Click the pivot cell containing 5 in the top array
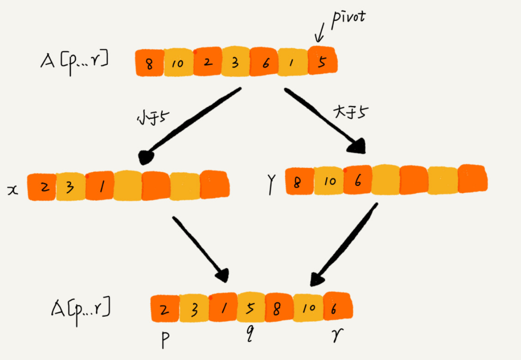pyautogui.click(x=323, y=61)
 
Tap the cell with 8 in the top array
pyautogui.click(x=150, y=63)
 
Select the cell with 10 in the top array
pyautogui.click(x=178, y=63)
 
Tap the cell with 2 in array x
pyautogui.click(x=42, y=187)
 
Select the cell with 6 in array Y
pyautogui.click(x=357, y=180)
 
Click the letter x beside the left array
pyautogui.click(x=14, y=189)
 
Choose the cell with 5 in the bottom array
pyautogui.click(x=250, y=308)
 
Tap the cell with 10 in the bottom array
pyautogui.click(x=307, y=308)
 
